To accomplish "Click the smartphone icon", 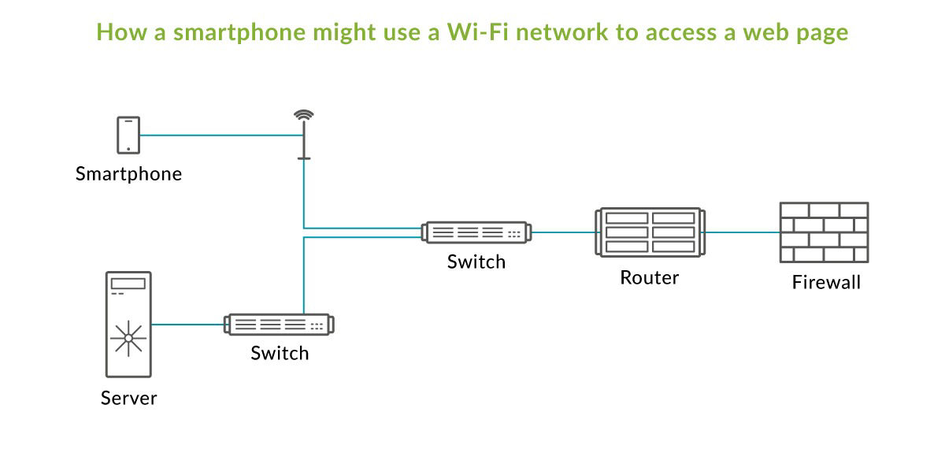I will point(128,135).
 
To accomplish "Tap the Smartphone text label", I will point(128,174).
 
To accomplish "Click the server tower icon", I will point(128,324).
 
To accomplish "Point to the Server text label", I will point(128,398).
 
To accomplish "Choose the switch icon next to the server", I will point(280,325).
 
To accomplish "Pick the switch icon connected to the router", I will point(476,232).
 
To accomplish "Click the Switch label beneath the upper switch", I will point(476,262).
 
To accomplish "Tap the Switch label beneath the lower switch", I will point(280,353).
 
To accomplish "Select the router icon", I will point(649,232).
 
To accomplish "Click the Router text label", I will point(649,277).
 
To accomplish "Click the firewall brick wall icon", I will point(824,232).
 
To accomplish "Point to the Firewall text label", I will point(826,282).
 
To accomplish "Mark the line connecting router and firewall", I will point(740,232).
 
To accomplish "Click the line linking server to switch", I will point(187,324).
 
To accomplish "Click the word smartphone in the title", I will point(223,32).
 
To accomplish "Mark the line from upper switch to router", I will point(564,232).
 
